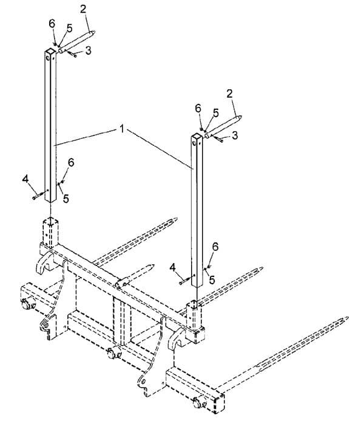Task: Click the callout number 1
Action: (122, 129)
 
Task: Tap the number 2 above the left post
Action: (83, 9)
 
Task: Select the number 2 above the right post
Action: (229, 94)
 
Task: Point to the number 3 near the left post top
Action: (89, 50)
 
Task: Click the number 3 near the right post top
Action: (235, 135)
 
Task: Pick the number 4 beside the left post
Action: (25, 179)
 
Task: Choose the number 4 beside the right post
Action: (172, 267)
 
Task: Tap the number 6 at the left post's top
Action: (52, 24)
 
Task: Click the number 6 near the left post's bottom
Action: (71, 163)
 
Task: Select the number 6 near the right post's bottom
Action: (215, 247)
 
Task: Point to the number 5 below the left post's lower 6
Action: (66, 199)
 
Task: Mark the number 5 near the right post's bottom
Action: (212, 280)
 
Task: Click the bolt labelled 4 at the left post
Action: (39, 195)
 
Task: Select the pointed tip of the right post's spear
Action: (240, 117)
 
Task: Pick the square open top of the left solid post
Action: (50, 51)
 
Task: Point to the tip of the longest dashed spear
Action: (347, 318)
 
